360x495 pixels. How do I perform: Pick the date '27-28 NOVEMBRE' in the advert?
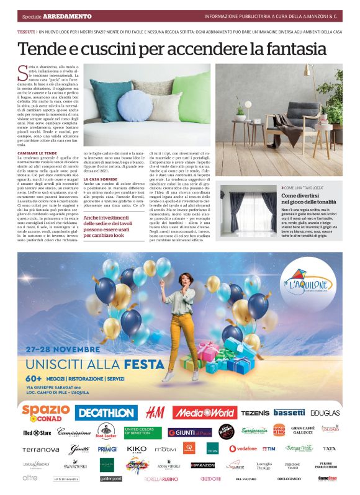(61, 349)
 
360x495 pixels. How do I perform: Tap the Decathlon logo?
(106, 412)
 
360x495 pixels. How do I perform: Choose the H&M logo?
(155, 412)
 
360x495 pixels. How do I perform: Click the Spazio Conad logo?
(46, 411)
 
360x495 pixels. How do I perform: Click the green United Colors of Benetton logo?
(141, 432)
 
